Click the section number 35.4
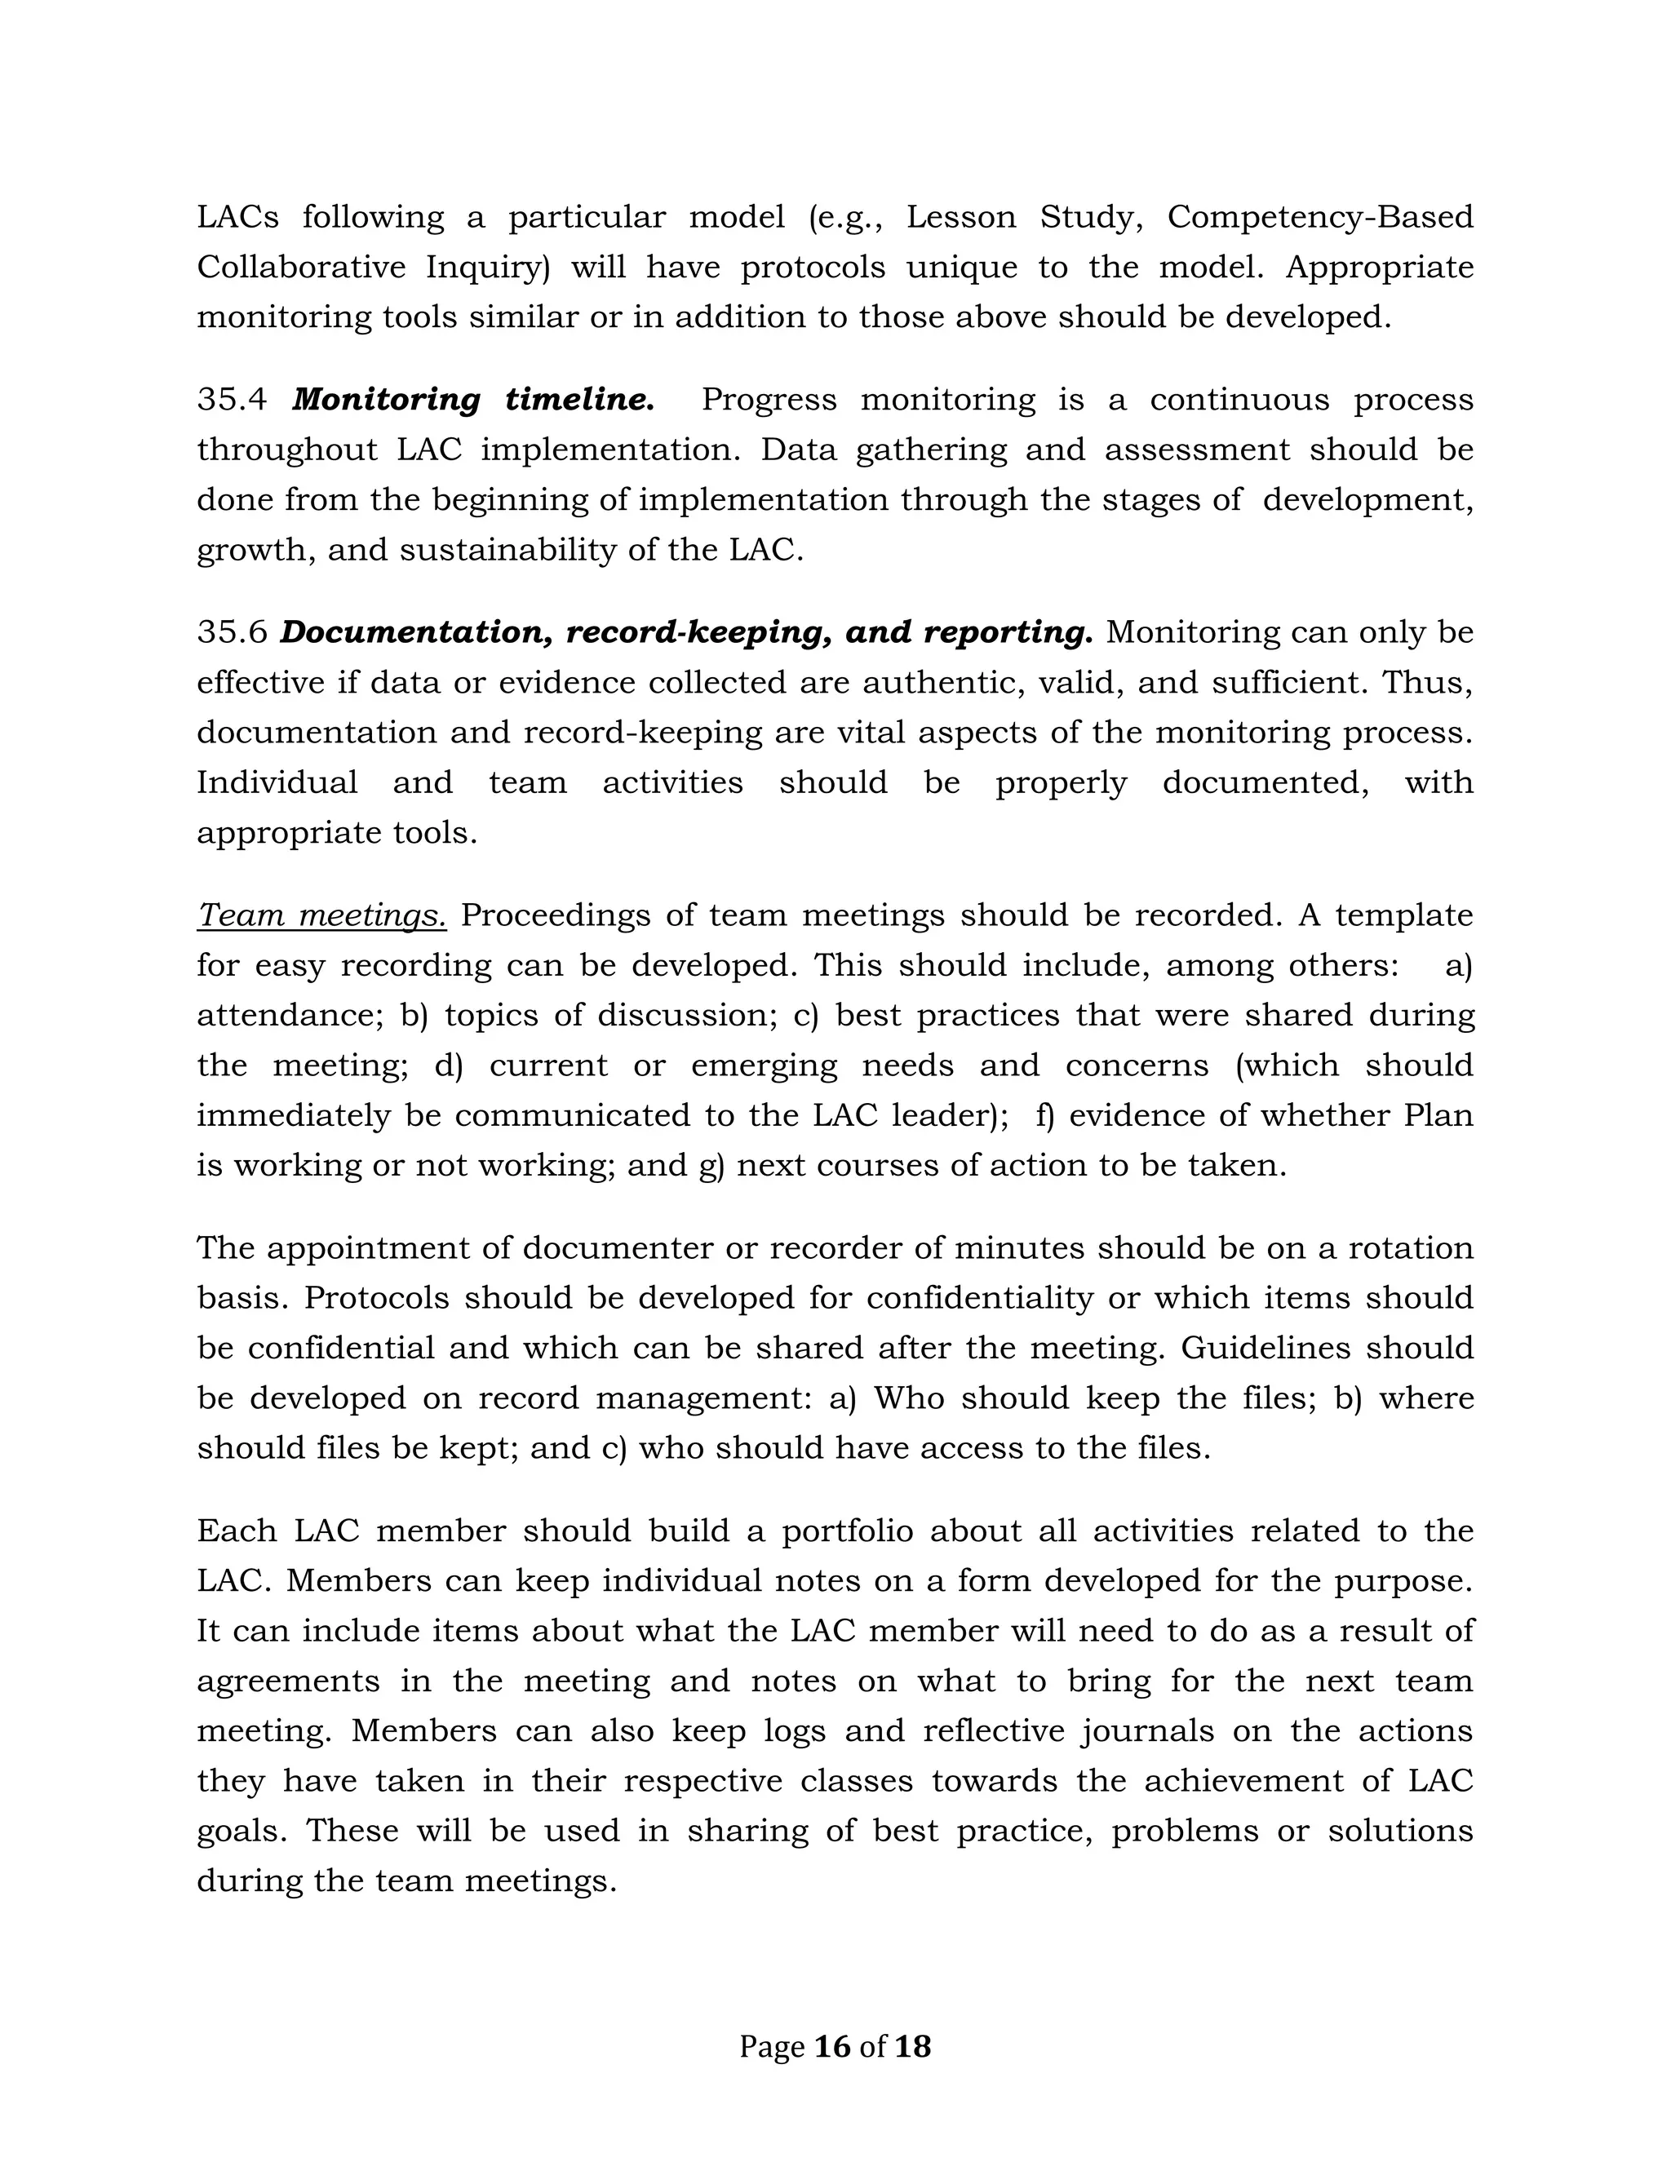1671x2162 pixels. (x=232, y=400)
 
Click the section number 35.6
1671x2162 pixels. (x=232, y=632)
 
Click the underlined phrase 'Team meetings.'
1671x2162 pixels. (x=321, y=915)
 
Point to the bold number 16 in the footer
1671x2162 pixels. (x=831, y=2046)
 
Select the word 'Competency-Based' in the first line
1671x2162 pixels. (x=1319, y=217)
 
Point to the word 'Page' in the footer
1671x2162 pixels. (x=771, y=2047)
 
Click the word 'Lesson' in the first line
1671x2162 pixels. (x=961, y=217)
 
